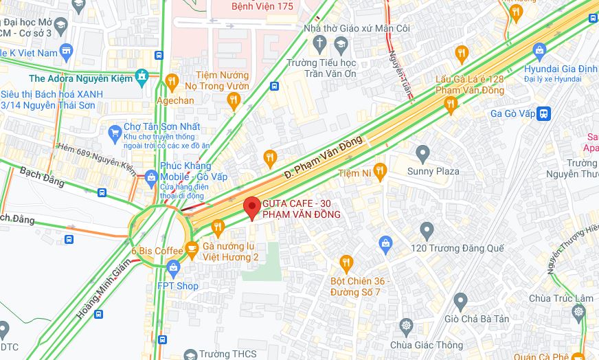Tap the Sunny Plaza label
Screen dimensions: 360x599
click(x=433, y=170)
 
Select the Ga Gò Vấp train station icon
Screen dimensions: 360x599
click(x=544, y=113)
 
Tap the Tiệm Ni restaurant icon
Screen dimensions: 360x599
click(x=380, y=171)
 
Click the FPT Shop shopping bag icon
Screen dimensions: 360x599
click(x=172, y=267)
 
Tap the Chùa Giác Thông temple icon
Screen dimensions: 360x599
click(x=407, y=325)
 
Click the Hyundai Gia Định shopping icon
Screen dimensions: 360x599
click(x=540, y=50)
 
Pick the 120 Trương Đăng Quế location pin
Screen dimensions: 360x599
click(x=427, y=229)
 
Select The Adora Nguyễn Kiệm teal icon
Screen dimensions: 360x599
click(x=142, y=76)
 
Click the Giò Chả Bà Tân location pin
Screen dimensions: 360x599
click(x=460, y=300)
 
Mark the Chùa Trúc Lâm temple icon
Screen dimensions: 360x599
click(x=578, y=313)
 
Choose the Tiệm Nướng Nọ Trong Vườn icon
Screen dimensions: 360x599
click(x=234, y=102)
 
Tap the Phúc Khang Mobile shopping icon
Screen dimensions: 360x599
click(x=151, y=177)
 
